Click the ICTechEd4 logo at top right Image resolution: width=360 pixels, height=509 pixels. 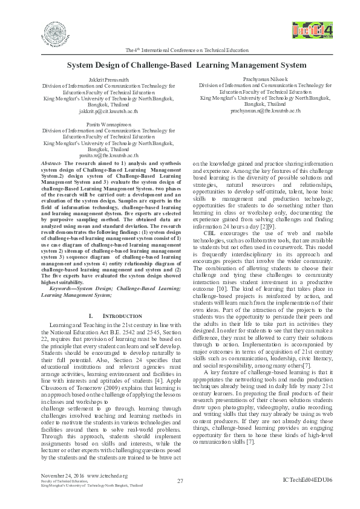(309, 30)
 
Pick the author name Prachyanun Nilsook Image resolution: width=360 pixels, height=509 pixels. (265, 79)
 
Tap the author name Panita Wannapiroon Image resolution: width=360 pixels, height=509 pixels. (108, 124)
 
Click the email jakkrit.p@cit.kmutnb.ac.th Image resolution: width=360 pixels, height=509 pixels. (108, 111)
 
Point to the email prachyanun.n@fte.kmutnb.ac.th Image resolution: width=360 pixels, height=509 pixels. (265, 111)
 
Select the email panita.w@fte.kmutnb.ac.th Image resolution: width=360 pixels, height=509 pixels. (108, 155)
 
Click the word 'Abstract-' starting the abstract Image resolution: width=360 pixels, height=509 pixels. (51, 163)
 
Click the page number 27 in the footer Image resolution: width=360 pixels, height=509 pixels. (180, 481)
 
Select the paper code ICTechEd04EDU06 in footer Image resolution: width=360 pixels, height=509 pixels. (307, 479)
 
